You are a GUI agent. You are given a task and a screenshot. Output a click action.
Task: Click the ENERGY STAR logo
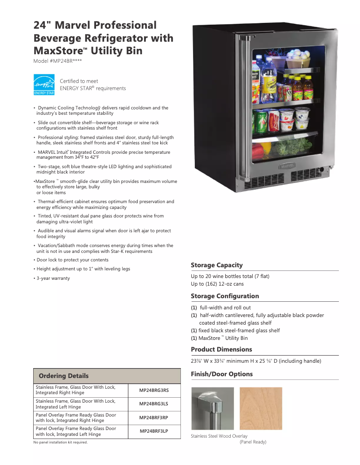(44, 84)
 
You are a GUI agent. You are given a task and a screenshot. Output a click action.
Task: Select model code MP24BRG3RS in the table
(154, 390)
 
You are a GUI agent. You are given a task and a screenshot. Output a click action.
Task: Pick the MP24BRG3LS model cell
(154, 404)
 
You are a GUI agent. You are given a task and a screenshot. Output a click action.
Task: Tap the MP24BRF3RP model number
(154, 418)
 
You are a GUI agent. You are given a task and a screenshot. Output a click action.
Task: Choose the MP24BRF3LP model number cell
(154, 431)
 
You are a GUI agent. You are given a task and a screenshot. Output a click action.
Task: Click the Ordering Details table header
(64, 376)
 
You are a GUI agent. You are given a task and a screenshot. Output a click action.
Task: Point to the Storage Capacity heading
(216, 265)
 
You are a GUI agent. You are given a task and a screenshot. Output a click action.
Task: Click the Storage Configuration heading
(224, 296)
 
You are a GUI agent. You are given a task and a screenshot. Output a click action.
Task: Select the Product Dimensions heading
(221, 349)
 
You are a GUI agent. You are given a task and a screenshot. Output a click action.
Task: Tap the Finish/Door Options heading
(221, 374)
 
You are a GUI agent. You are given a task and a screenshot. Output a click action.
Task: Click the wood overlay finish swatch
(260, 409)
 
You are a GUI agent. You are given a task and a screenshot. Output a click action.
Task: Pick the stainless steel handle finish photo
(212, 409)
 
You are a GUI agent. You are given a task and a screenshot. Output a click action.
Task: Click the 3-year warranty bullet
(53, 278)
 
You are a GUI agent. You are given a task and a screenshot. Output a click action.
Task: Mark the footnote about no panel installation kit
(61, 443)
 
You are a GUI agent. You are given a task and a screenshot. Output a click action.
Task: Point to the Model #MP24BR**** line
(57, 61)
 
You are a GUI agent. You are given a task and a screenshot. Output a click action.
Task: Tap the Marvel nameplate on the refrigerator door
(287, 165)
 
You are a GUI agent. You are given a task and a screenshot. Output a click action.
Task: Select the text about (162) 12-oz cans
(217, 284)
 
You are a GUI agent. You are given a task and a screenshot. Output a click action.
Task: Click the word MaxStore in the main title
(56, 50)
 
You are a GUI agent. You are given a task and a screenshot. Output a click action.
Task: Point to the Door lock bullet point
(72, 260)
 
